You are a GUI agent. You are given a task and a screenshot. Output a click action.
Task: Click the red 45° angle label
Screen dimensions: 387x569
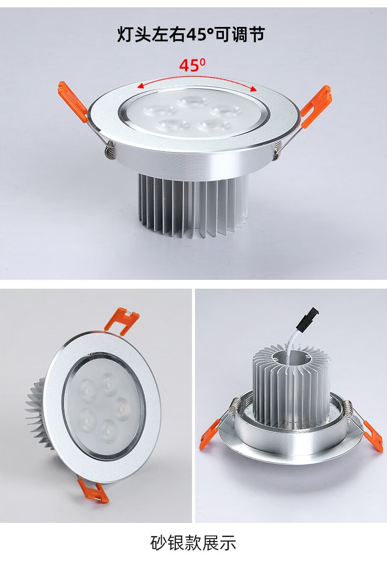(x=192, y=65)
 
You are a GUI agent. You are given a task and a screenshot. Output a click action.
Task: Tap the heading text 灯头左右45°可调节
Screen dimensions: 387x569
(x=191, y=34)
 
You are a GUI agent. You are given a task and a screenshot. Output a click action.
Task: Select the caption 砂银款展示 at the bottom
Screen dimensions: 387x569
(x=193, y=543)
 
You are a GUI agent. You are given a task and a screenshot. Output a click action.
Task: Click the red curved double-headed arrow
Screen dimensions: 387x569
(x=196, y=79)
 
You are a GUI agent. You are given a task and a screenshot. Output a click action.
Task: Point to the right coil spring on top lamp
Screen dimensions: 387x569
(x=278, y=150)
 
